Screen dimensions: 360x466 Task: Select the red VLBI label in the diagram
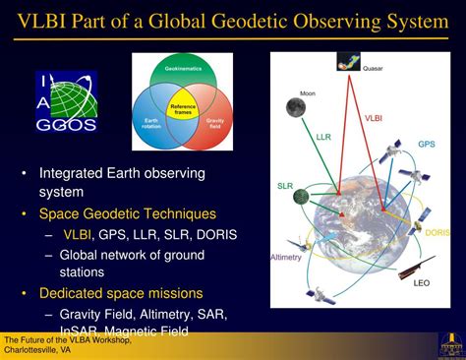(x=374, y=121)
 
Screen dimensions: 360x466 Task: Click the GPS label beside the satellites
(x=425, y=145)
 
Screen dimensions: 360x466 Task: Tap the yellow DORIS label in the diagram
(x=437, y=231)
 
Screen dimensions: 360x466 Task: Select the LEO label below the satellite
(x=422, y=283)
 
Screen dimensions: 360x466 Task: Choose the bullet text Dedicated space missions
(x=120, y=292)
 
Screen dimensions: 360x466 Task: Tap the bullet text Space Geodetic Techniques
(x=128, y=212)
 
